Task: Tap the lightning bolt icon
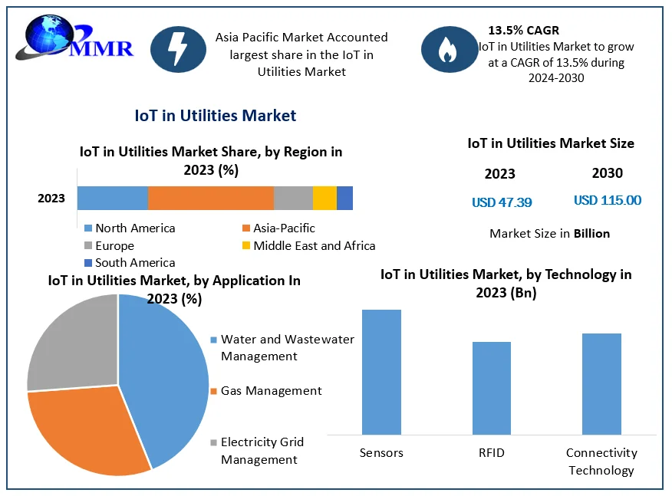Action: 177,48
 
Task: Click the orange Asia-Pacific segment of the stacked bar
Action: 210,198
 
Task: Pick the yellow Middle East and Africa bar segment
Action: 324,198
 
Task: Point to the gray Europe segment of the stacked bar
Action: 293,198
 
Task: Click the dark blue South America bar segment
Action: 344,198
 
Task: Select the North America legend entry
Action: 130,228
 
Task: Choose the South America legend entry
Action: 130,263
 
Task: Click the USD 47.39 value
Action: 502,202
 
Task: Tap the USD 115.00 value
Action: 608,201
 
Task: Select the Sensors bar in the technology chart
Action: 381,372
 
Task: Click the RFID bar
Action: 492,388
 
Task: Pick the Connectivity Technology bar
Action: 601,383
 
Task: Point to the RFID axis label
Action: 492,453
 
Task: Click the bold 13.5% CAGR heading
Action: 523,31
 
